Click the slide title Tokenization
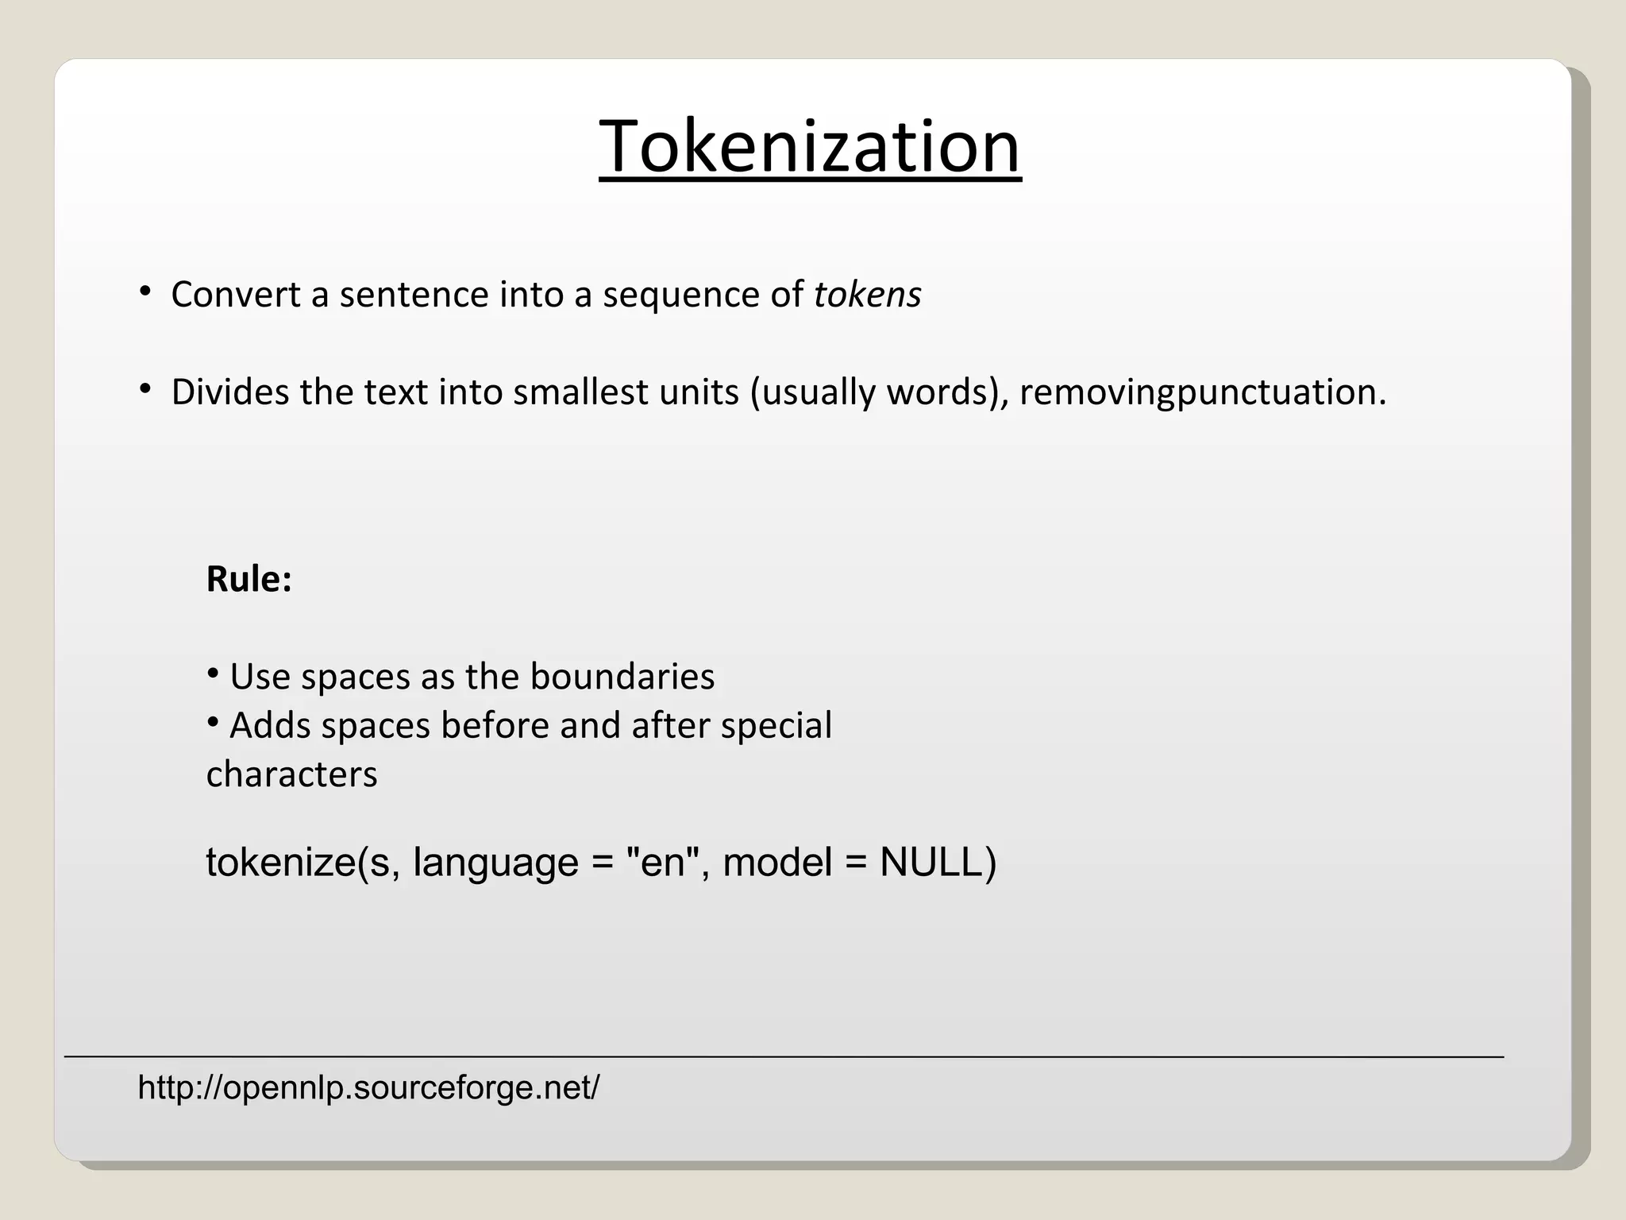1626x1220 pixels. click(x=810, y=147)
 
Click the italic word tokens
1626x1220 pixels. click(x=867, y=295)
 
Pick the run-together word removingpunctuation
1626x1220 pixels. click(x=1202, y=392)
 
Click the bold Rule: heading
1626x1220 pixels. click(x=249, y=579)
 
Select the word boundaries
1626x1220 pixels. click(x=622, y=677)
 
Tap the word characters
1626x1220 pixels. click(x=291, y=774)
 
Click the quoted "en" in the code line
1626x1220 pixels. click(x=662, y=863)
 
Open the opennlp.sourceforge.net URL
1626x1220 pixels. click(x=368, y=1087)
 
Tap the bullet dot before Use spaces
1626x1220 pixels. click(x=212, y=674)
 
